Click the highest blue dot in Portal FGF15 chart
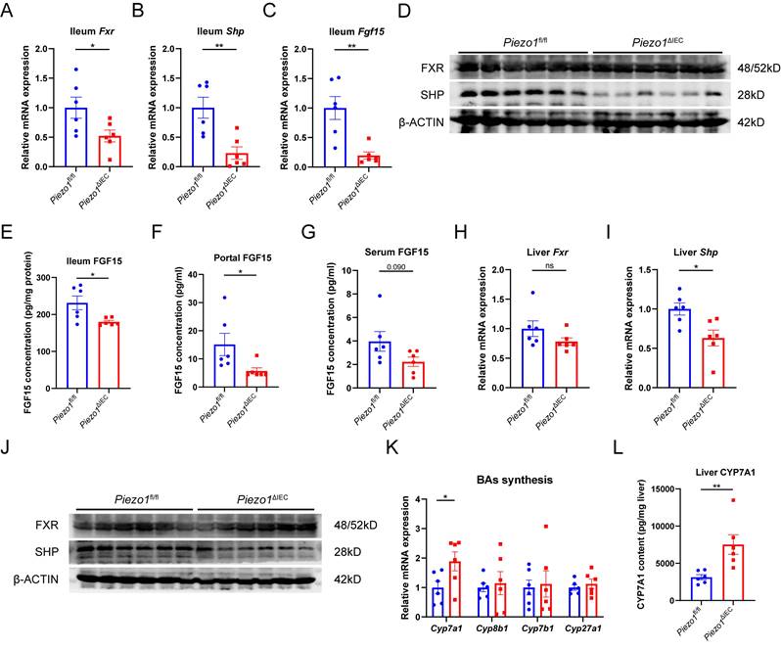point(224,297)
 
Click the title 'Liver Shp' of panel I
point(693,253)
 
